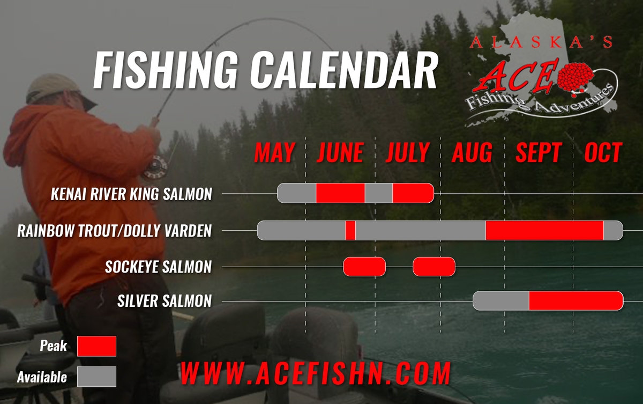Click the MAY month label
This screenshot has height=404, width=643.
coord(275,152)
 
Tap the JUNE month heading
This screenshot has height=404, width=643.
coord(340,152)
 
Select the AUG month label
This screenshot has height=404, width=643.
coord(473,152)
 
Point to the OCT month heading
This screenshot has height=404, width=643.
coord(603,152)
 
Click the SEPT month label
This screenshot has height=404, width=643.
coord(538,152)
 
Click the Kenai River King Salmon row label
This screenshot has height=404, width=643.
coord(131,194)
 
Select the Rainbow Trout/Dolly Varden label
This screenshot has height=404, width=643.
coord(115,231)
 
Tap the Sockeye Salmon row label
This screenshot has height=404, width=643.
coord(159,267)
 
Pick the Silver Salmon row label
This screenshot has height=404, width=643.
coord(165,301)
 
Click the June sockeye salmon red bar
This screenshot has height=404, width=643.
coord(364,267)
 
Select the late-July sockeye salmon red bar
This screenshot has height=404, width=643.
coord(434,267)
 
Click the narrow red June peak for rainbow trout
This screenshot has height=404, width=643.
coord(350,231)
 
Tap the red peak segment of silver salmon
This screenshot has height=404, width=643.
coord(576,300)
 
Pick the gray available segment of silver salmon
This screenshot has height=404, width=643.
coord(501,300)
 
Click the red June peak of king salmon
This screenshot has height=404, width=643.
coord(340,193)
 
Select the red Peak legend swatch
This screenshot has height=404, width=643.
coord(97,346)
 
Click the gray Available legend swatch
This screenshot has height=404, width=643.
coord(97,377)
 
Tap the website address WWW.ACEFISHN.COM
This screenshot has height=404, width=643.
coord(316,373)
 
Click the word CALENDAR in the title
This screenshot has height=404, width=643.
coord(343,70)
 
